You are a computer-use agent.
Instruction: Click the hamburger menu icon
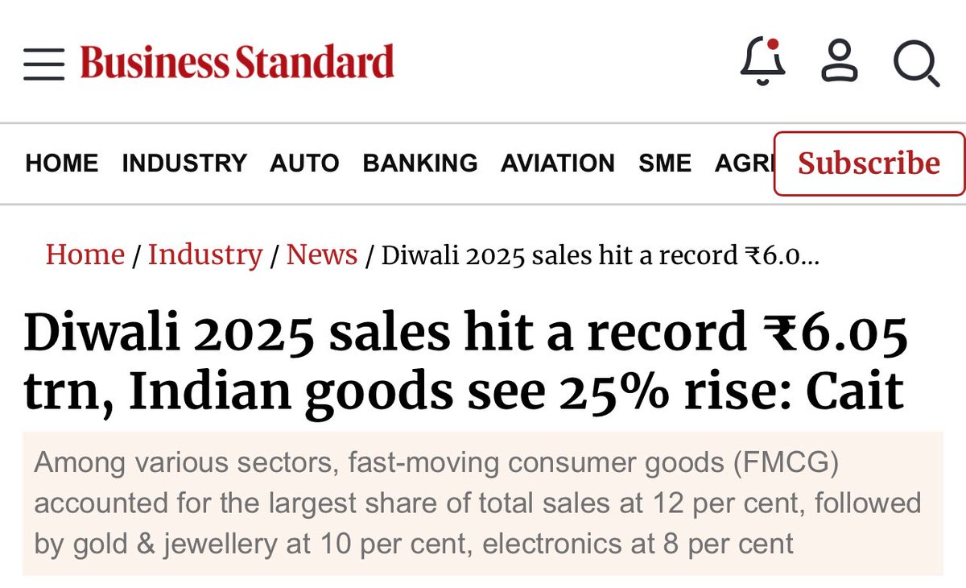point(43,64)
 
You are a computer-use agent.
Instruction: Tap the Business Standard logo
point(237,63)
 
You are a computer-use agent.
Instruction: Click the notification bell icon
point(762,62)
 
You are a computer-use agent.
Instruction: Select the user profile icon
point(840,62)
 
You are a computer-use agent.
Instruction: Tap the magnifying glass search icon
point(916,64)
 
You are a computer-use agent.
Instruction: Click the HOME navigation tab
point(62,164)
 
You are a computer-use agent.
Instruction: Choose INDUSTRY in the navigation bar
point(184,164)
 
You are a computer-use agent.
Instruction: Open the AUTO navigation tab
point(304,164)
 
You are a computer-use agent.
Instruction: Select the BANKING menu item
point(419,164)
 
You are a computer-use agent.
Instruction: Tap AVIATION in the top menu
point(557,164)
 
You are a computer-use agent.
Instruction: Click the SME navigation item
point(665,164)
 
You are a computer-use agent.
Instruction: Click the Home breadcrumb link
point(85,255)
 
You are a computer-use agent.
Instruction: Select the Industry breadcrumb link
point(205,255)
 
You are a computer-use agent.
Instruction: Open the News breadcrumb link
point(322,255)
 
